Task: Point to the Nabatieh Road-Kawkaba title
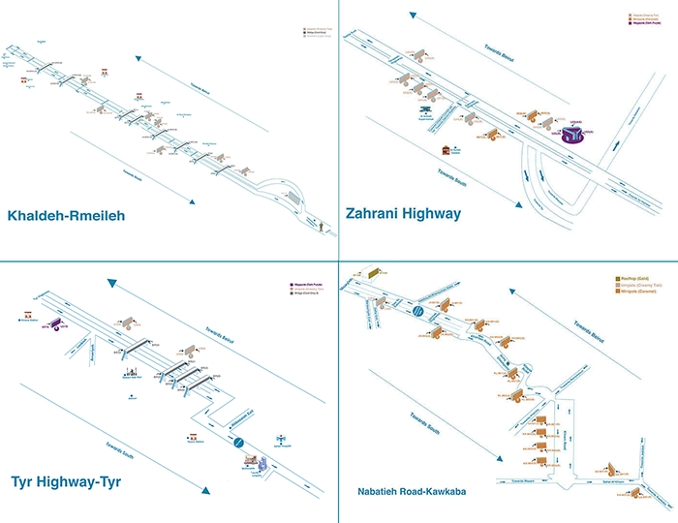407,493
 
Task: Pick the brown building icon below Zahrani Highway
447,152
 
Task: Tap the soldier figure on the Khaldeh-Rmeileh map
319,228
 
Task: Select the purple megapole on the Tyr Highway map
55,323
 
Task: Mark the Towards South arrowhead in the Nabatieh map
503,462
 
